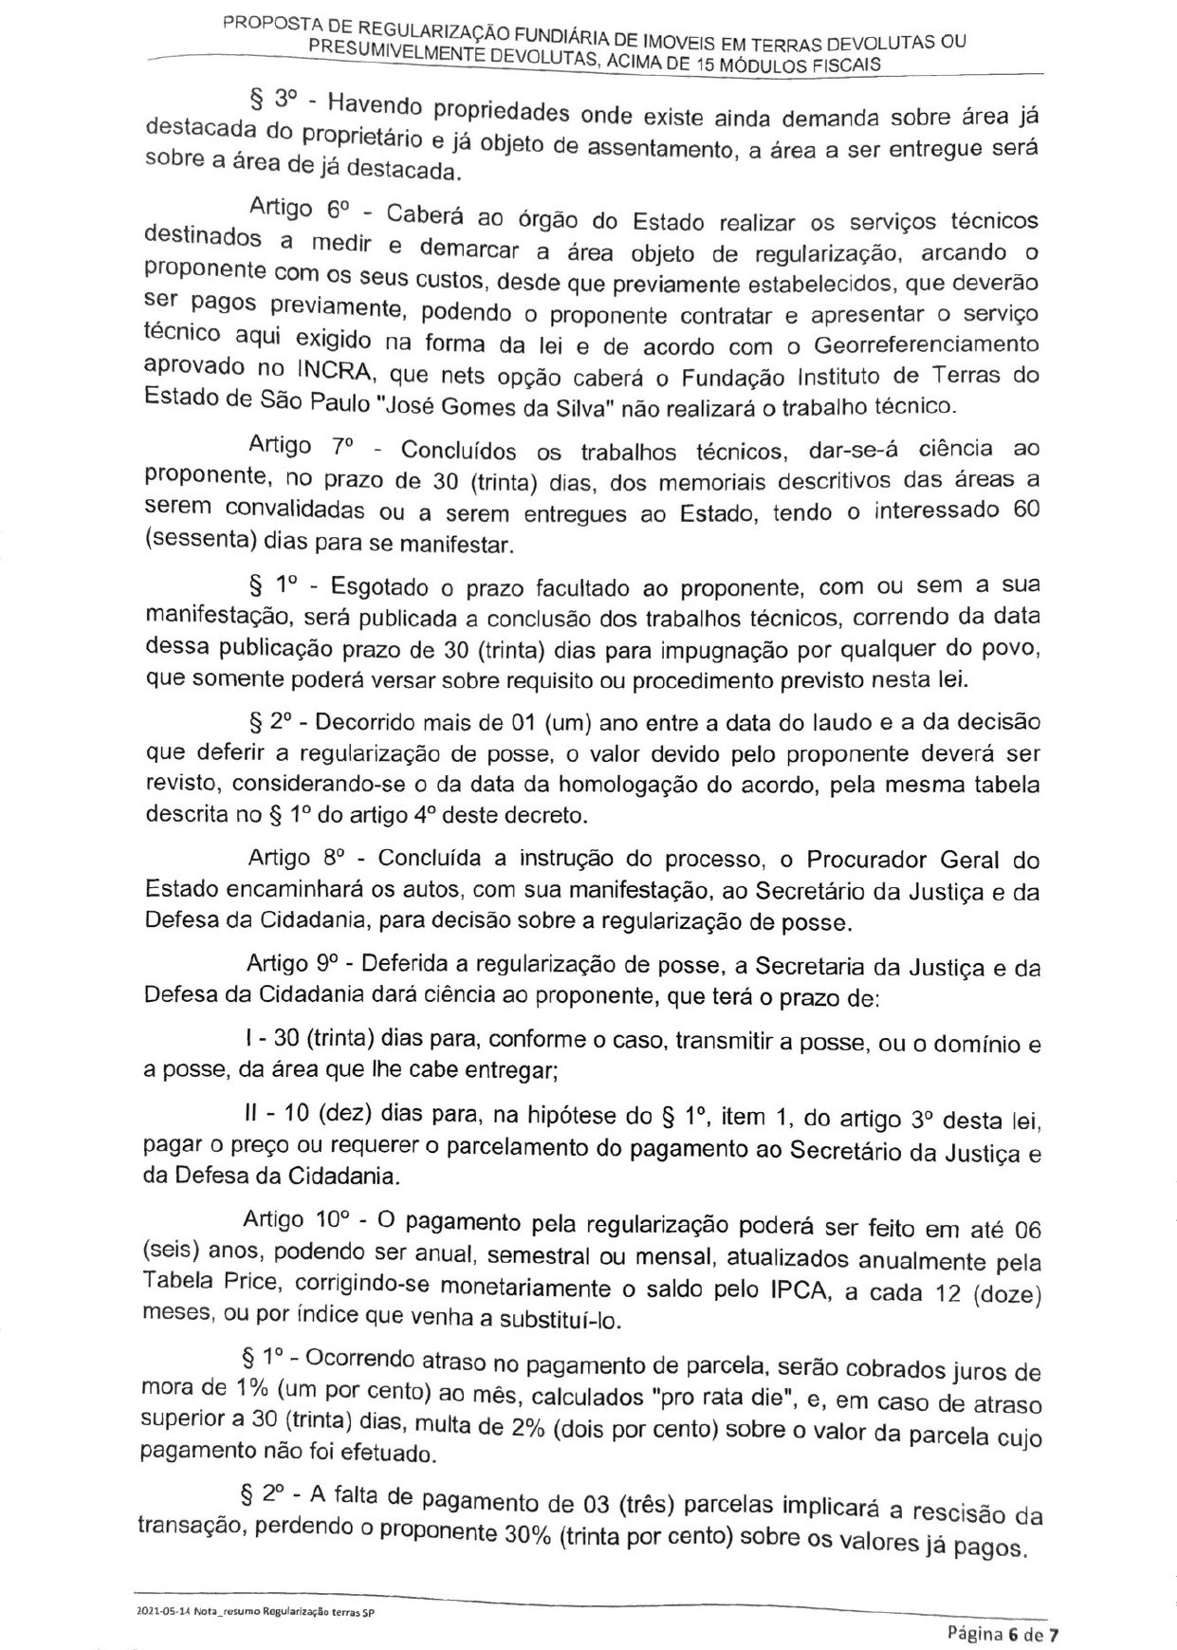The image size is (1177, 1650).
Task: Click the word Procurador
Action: tap(862, 860)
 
